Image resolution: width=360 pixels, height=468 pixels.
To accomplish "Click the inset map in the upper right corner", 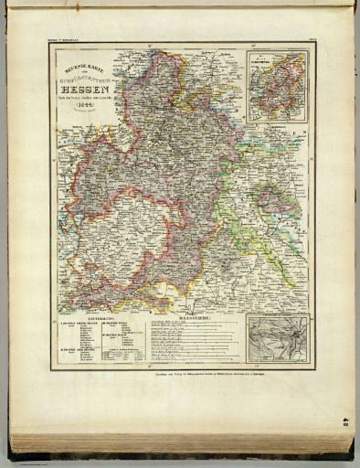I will [x=277, y=84].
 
